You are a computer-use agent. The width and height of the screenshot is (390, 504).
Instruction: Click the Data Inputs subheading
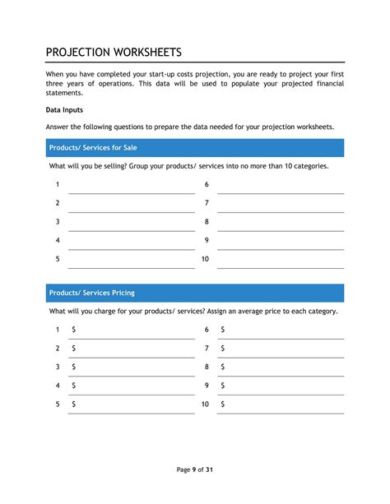pos(64,109)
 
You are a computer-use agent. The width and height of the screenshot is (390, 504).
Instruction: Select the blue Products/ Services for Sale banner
pos(194,148)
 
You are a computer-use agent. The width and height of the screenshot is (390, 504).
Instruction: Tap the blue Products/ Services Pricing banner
pos(194,293)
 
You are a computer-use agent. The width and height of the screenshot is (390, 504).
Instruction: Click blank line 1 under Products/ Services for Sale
pos(131,187)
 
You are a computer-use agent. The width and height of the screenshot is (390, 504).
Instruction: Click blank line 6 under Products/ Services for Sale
pos(281,187)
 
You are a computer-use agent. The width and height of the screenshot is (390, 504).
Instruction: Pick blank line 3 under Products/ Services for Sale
pos(131,224)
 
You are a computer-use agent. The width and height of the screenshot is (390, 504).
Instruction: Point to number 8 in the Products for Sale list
pos(207,222)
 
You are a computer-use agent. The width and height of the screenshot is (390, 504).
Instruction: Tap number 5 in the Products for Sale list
pos(58,259)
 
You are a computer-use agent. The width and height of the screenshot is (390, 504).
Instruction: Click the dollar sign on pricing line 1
pos(74,330)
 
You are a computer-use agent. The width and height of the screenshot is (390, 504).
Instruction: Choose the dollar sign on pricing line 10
pos(223,404)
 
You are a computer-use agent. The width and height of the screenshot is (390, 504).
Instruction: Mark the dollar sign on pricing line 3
pos(74,367)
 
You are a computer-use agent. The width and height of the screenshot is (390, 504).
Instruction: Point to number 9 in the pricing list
pos(207,385)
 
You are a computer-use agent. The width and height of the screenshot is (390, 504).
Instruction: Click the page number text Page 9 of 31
pos(195,469)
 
